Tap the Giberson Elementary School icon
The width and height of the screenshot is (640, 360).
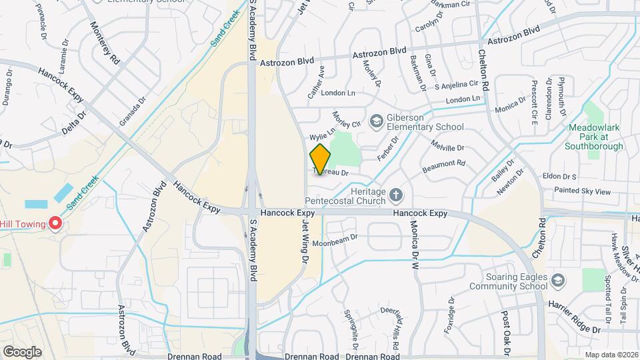377,120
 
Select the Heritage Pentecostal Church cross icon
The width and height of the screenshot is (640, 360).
397,195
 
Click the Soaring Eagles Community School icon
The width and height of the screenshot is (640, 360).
559,281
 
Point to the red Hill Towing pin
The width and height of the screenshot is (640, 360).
55,223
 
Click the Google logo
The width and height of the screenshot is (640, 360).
22,351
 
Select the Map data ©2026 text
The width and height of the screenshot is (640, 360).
611,354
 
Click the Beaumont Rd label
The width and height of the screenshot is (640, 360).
443,163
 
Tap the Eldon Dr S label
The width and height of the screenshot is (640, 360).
559,177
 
